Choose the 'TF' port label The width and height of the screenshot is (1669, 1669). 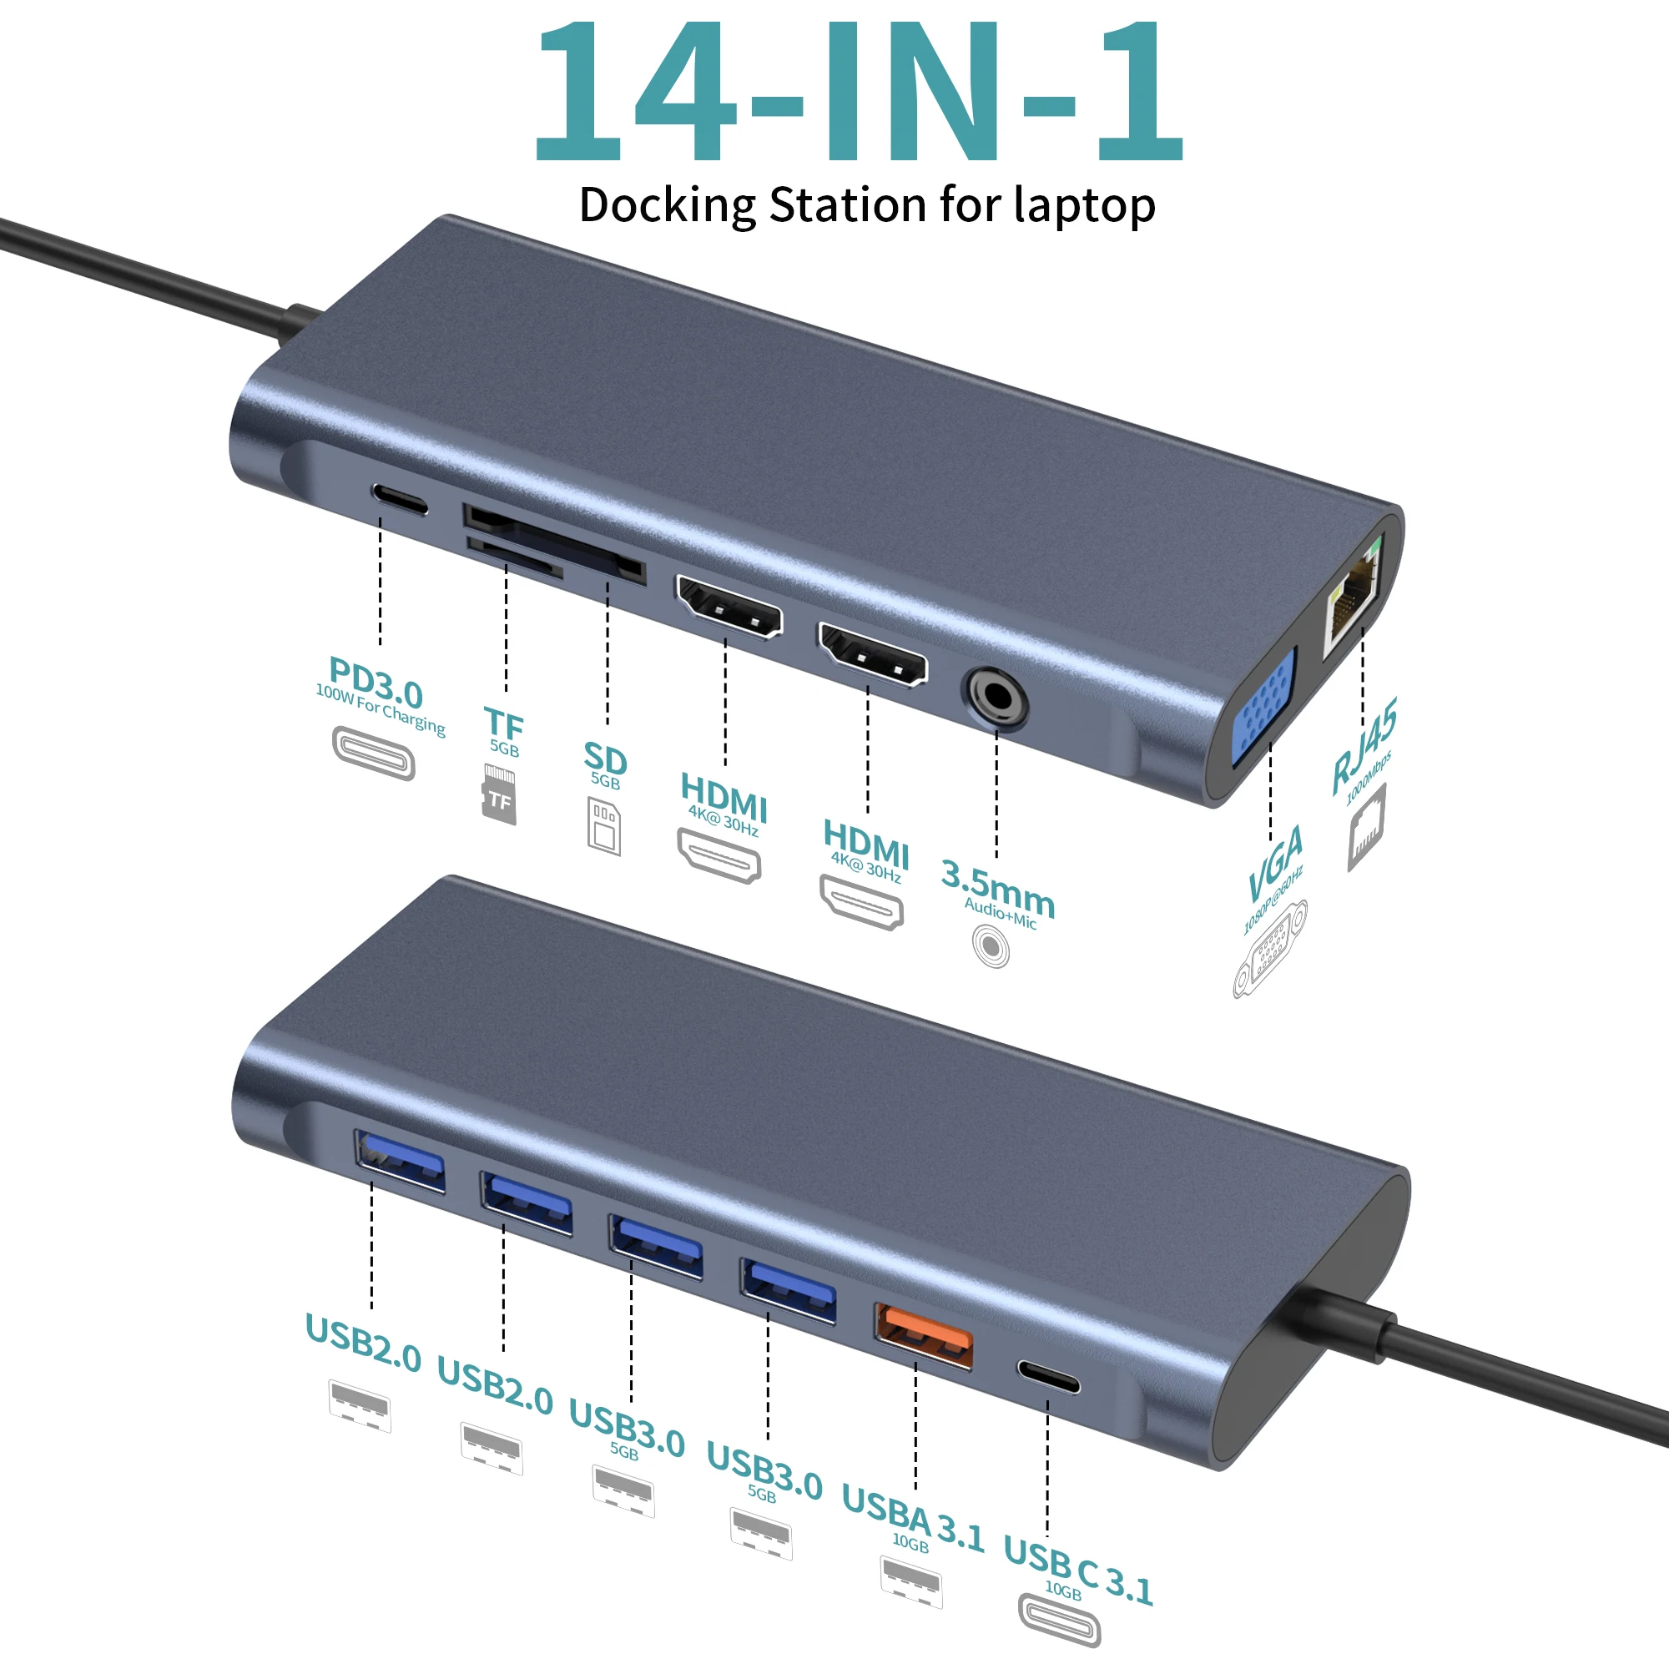(x=504, y=722)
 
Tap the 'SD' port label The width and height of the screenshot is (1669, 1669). (x=605, y=759)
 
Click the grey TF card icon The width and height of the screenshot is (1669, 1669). (x=499, y=794)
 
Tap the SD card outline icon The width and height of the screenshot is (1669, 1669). (x=604, y=827)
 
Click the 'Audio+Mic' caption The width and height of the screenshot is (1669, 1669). (x=1001, y=913)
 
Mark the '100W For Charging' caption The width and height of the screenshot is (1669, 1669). (x=380, y=709)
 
